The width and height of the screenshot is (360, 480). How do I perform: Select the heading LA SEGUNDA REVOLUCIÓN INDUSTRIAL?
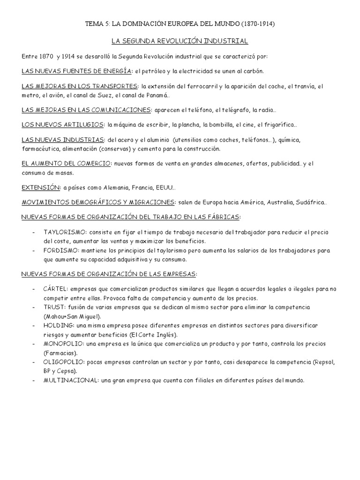[180, 41]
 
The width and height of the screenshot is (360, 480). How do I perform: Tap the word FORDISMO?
[59, 250]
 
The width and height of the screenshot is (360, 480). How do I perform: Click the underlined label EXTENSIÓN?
[41, 187]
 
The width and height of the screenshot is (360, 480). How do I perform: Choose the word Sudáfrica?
[310, 202]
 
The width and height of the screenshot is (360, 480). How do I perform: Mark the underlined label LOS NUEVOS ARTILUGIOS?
[63, 125]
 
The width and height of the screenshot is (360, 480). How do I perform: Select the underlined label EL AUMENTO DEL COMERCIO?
[66, 164]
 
